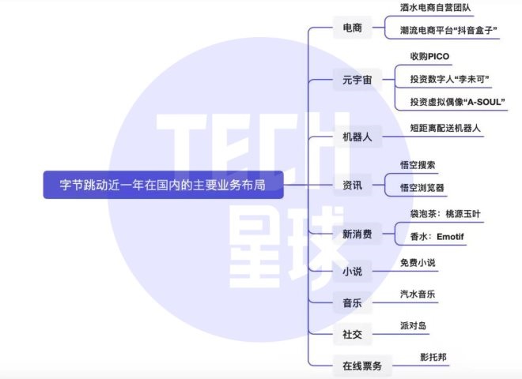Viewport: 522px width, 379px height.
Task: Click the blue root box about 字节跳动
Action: point(164,185)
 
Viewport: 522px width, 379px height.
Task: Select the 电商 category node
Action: point(353,28)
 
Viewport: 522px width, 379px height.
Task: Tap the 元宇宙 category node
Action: point(357,80)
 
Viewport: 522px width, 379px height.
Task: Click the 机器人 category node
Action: point(357,137)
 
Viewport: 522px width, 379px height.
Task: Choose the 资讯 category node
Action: point(353,185)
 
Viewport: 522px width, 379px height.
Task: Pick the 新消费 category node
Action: point(357,234)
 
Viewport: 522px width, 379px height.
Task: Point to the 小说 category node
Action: point(353,272)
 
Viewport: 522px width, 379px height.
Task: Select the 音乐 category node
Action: point(353,303)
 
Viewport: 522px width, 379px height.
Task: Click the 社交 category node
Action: point(353,334)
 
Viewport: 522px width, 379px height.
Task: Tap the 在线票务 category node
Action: point(362,366)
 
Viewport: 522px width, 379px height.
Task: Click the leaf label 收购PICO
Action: point(429,57)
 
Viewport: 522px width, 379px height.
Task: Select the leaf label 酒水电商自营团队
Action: point(436,8)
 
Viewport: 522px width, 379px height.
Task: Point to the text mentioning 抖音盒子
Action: point(448,30)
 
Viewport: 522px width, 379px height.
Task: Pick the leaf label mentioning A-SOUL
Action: point(457,102)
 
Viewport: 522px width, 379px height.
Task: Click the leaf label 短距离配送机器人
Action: point(445,128)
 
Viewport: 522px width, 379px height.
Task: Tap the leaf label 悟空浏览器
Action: point(422,187)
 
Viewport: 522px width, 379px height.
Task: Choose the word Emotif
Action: point(450,237)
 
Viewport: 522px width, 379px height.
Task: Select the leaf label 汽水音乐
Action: point(418,294)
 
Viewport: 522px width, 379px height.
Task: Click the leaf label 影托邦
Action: point(433,357)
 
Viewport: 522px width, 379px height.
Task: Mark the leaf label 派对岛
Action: point(413,325)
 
